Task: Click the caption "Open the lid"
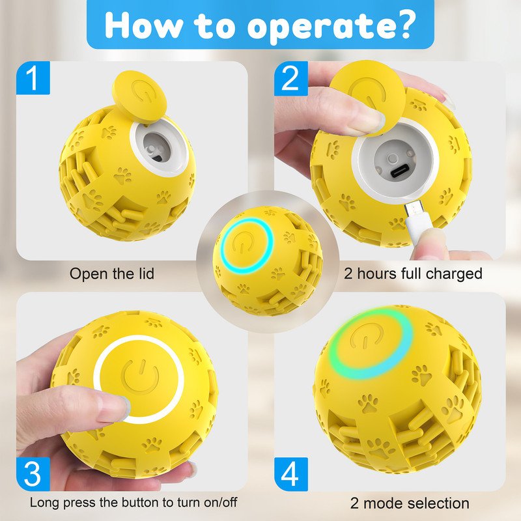coord(112,274)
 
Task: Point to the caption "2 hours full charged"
coord(413,274)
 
